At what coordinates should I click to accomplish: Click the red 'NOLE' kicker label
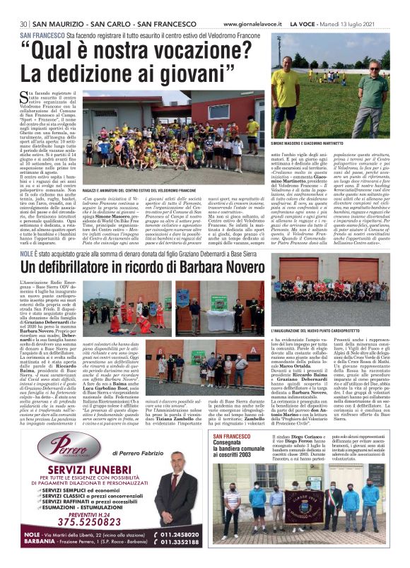[x=28, y=252]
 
